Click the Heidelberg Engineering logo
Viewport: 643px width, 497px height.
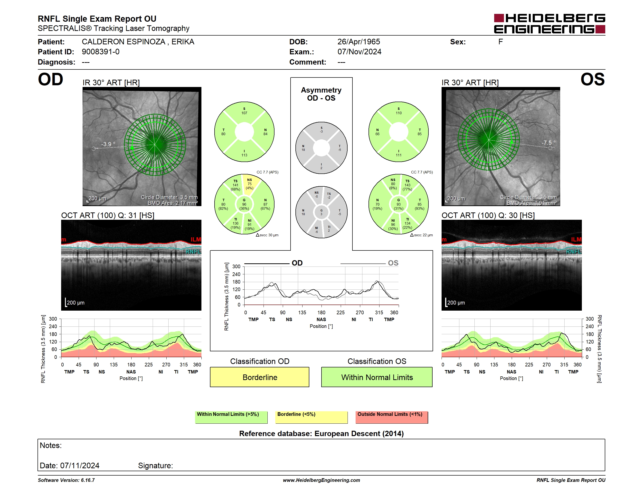tap(549, 24)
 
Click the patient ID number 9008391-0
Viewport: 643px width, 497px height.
tap(101, 52)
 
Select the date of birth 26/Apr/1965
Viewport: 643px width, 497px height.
tap(359, 42)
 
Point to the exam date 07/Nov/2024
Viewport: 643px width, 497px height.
tap(359, 52)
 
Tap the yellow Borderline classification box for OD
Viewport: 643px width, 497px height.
tap(259, 377)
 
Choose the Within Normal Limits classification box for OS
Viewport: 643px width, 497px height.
tap(377, 377)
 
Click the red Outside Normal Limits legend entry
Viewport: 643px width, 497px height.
tap(392, 417)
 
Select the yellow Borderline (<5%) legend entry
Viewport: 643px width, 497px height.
tap(311, 417)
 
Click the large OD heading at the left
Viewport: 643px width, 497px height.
tap(50, 79)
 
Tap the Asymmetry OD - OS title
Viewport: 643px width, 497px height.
tap(321, 94)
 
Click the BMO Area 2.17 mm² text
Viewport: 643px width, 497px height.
tap(172, 203)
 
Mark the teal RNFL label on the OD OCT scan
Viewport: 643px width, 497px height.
tap(193, 251)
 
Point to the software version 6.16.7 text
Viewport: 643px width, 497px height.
tap(66, 480)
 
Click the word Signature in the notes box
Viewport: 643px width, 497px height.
tap(155, 466)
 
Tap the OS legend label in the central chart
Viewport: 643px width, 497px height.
tap(393, 263)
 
